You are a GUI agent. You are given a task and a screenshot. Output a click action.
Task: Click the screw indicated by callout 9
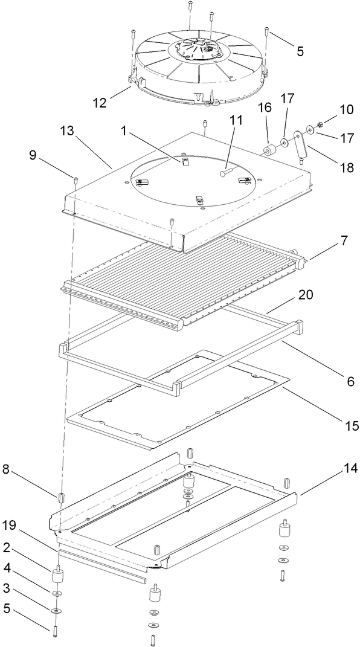(x=76, y=179)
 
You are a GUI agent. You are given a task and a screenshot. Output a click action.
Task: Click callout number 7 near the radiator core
(x=344, y=241)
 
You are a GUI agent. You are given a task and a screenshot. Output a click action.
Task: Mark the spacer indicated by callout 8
(x=61, y=498)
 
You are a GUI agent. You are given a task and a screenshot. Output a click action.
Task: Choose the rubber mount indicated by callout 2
(x=59, y=576)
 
